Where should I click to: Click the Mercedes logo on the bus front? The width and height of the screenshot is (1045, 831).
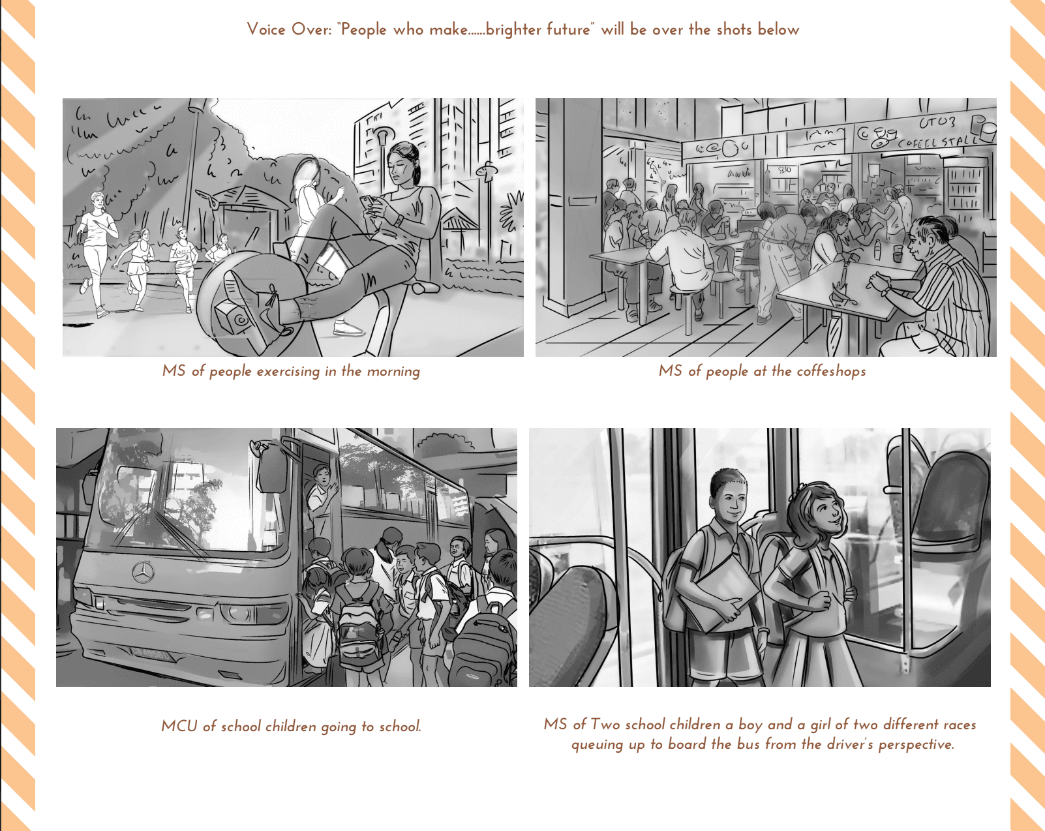point(143,573)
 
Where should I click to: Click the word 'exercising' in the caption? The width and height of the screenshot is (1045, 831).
point(288,371)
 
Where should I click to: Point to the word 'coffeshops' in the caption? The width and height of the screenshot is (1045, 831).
point(831,371)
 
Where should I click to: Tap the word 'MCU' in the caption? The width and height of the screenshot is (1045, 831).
point(179,726)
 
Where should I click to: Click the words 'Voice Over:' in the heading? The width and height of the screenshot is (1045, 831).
point(289,29)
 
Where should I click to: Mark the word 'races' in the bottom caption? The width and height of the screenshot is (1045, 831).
point(959,725)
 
